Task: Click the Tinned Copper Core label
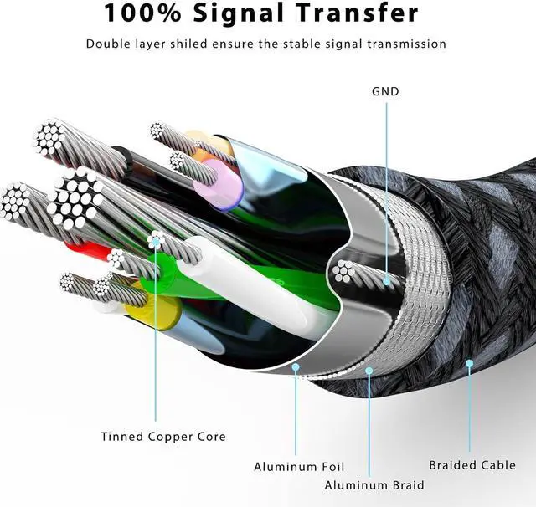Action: pos(163,437)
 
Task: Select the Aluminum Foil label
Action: pos(299,466)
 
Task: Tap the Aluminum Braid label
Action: pos(374,485)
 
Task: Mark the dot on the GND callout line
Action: pos(386,281)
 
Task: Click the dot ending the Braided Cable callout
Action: pos(470,364)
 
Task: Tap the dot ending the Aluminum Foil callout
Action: pos(295,366)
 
